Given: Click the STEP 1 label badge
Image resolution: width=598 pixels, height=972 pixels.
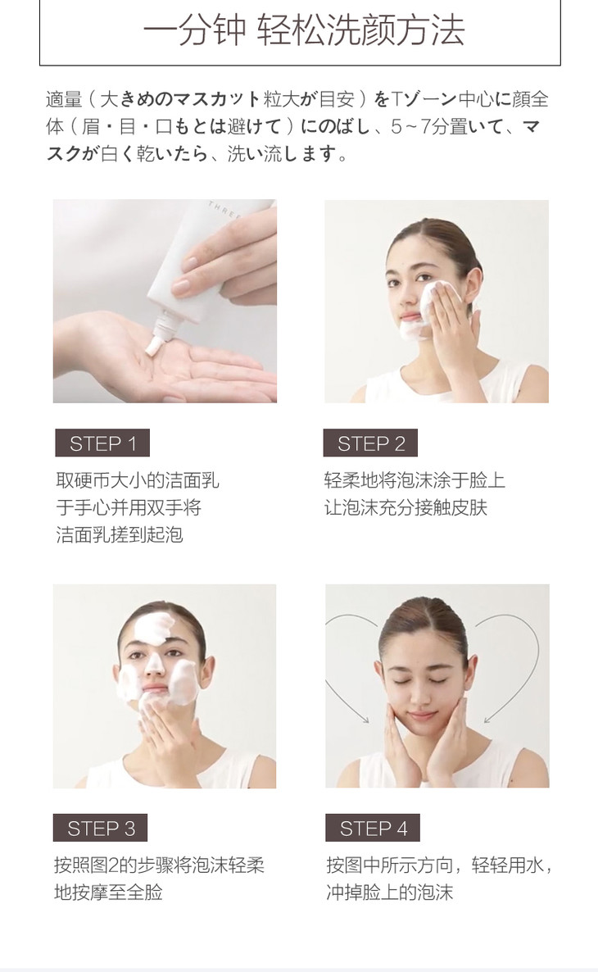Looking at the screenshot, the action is click(x=102, y=443).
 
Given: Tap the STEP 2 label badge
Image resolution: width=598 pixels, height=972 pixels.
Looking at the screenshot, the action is click(x=370, y=443).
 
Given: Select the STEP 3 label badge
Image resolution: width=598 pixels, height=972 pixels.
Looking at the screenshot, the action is click(x=101, y=828).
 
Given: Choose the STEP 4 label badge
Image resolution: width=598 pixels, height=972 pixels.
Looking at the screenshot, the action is click(x=373, y=828).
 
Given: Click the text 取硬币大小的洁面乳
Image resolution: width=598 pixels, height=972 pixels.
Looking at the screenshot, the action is click(x=138, y=480).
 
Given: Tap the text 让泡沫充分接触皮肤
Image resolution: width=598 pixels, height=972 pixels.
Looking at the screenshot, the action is click(x=405, y=507).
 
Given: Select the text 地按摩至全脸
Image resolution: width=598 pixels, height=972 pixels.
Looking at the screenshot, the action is click(x=108, y=892).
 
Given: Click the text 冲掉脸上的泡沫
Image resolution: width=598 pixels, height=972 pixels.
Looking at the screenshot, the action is click(x=390, y=892).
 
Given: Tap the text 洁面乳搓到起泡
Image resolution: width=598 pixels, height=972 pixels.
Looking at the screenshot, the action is click(x=120, y=534).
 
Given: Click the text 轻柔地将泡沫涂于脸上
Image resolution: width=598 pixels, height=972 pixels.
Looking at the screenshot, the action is click(x=415, y=480).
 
